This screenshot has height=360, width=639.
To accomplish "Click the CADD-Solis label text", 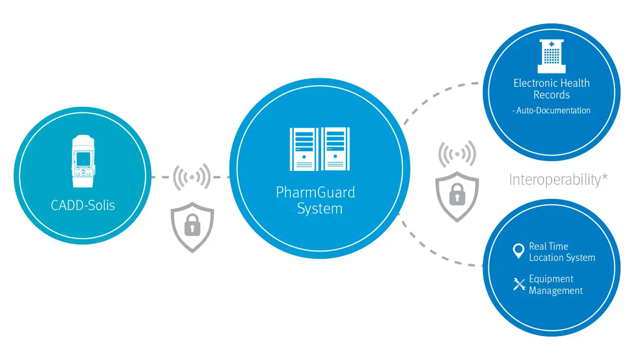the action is click(x=83, y=206).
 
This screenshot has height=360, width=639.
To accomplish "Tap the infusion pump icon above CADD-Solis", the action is click(x=83, y=161).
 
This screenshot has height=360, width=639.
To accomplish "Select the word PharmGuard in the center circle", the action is click(x=315, y=193).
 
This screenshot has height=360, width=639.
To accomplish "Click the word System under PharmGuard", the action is click(x=319, y=209).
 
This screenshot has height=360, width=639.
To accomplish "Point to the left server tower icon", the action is click(x=304, y=149).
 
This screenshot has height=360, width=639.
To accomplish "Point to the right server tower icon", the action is click(x=335, y=149).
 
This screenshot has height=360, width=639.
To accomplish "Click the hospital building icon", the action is click(x=552, y=56).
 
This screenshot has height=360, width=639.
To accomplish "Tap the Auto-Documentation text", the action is click(x=552, y=110).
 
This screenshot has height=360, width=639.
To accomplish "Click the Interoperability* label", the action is click(x=558, y=180).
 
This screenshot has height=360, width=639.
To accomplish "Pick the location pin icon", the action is click(x=518, y=251).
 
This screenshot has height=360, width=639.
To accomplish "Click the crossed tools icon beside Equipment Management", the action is click(x=519, y=284).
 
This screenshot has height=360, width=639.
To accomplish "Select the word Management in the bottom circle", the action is click(x=556, y=291).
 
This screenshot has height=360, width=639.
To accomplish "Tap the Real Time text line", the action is click(x=548, y=246).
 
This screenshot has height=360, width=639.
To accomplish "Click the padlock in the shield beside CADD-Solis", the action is click(x=192, y=225).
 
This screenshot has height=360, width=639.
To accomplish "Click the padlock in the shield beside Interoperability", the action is click(x=457, y=194).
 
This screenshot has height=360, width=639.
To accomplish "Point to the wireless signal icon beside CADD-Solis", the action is click(x=192, y=177).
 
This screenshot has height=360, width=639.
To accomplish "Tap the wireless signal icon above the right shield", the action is click(x=457, y=154).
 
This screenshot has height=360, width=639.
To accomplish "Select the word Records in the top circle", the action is click(x=552, y=95).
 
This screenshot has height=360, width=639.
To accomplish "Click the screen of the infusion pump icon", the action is click(x=83, y=159).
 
